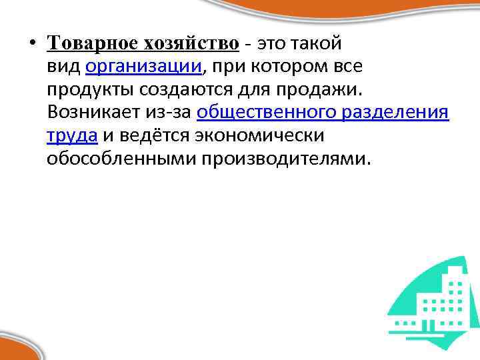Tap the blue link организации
(143, 66)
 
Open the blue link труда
(72, 135)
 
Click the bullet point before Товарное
(31, 44)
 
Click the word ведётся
(156, 135)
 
